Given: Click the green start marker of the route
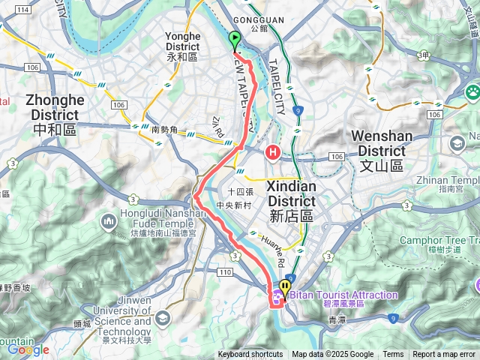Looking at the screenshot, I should coord(235,40).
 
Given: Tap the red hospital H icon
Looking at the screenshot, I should coord(273,154).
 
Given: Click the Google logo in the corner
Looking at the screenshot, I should coord(28,349).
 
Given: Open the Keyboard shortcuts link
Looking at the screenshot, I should coord(250,355).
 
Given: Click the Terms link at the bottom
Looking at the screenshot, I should coord(393,355).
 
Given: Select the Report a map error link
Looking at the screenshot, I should coord(444,355).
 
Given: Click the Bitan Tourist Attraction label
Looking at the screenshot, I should coord(345,295).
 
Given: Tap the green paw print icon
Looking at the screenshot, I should coord(472,92).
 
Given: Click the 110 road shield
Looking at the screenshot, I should coord(224,272).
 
